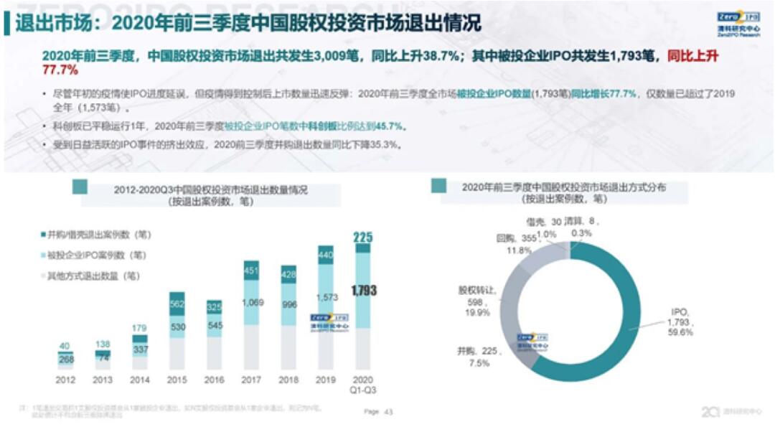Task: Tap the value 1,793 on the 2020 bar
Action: click(365, 291)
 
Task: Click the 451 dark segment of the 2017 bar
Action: click(252, 271)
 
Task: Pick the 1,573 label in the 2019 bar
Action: click(327, 297)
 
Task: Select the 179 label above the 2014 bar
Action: click(140, 329)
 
